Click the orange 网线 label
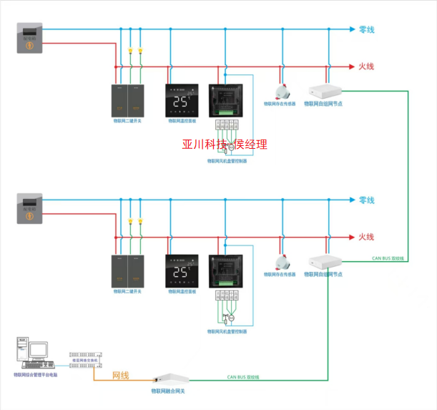coord(121,375)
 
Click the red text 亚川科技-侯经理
coord(225,145)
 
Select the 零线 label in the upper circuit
coord(366,29)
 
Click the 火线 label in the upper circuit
coord(366,67)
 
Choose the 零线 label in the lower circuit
coord(366,200)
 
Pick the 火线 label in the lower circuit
coord(366,237)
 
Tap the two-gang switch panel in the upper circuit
coord(127,101)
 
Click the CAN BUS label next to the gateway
coord(243,376)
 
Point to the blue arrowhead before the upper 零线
coord(352,29)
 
